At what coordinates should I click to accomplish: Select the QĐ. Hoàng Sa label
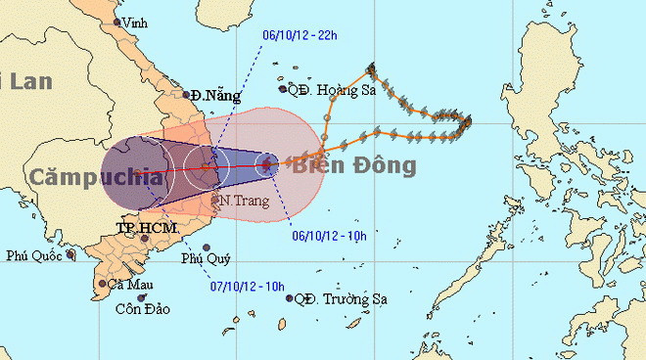pyautogui.click(x=328, y=89)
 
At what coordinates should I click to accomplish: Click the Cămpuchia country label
pyautogui.click(x=95, y=176)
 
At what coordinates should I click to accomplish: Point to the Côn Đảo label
pyautogui.click(x=143, y=309)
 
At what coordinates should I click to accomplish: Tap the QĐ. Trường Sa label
pyautogui.click(x=339, y=298)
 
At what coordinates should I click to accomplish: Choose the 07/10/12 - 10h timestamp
pyautogui.click(x=248, y=286)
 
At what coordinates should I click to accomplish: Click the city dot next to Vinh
pyautogui.click(x=117, y=22)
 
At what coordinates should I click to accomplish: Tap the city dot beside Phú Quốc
pyautogui.click(x=70, y=254)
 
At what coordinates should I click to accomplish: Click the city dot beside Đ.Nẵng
pyautogui.click(x=187, y=95)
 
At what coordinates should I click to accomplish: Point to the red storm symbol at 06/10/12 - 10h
pyautogui.click(x=266, y=165)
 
